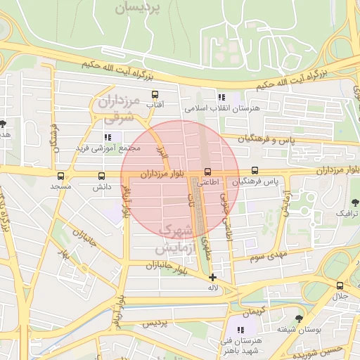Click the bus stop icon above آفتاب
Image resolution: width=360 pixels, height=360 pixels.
[x=155, y=94]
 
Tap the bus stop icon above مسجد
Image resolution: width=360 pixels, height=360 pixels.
[x=60, y=176]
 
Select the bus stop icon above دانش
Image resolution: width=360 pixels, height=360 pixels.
[x=102, y=176]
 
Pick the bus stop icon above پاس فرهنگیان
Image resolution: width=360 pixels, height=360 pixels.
[x=255, y=170]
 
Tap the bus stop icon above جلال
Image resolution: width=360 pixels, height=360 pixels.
[x=340, y=285]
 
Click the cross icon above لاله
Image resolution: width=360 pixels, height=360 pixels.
[x=213, y=277]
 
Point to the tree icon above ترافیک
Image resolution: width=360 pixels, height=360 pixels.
[x=343, y=202]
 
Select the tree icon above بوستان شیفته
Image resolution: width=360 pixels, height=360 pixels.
[x=299, y=319]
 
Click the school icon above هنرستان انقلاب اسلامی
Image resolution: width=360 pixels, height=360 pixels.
[x=221, y=98]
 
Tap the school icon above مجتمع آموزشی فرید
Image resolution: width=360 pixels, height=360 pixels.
[x=108, y=137]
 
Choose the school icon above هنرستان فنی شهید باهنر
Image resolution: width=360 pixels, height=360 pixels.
[x=240, y=330]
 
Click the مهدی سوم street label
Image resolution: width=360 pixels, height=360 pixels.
[x=265, y=257]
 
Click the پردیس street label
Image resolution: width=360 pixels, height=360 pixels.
[x=156, y=323]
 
